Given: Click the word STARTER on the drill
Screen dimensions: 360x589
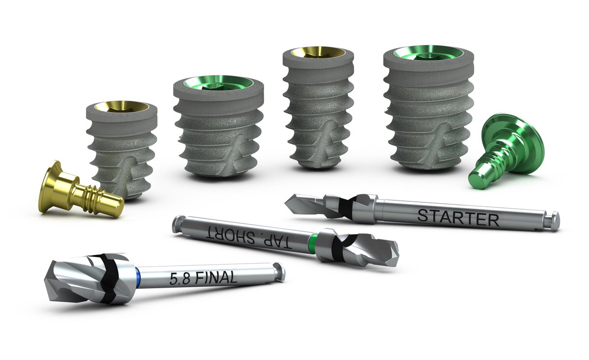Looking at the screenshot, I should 457,217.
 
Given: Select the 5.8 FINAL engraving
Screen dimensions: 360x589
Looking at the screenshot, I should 203,278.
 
